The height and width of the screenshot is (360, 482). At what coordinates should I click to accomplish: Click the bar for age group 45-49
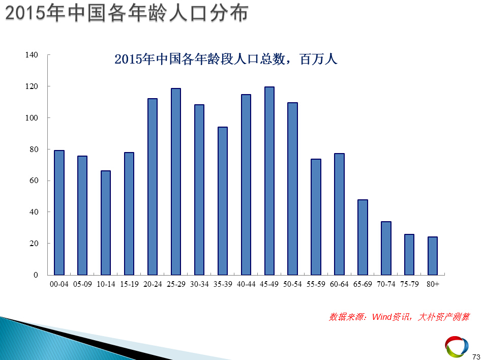coord(269,181)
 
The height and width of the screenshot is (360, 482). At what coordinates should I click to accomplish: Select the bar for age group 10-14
coord(106,223)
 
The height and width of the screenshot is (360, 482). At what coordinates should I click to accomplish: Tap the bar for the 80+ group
coord(433,256)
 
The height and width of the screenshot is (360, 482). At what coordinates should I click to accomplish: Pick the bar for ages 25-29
coord(176,182)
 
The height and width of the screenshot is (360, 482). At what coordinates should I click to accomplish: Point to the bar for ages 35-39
coord(223,201)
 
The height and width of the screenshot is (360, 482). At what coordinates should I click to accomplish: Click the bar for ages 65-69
coord(363,237)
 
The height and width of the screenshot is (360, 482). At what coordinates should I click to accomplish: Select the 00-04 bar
coord(59,213)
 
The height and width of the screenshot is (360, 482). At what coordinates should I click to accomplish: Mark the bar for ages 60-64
coord(339,214)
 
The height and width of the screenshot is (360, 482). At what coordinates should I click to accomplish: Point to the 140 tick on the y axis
coord(32,55)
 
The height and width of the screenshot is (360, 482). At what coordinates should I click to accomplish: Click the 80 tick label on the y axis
coord(34,149)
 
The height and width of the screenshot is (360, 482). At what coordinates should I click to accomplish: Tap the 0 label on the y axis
coord(36,275)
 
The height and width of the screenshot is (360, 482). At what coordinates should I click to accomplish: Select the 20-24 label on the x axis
coord(153,284)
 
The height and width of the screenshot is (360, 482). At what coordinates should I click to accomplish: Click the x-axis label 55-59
coord(316,284)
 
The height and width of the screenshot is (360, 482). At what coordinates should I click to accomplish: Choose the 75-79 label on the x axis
coord(409,284)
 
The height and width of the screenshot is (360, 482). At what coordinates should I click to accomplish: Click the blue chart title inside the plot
coord(226,59)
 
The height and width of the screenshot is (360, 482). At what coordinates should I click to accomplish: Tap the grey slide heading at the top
coord(127,14)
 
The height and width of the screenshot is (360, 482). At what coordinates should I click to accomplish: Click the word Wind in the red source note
coord(381,317)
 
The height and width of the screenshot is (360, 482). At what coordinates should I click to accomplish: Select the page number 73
coord(476,356)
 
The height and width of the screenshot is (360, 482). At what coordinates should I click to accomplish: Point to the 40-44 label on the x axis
coord(246,284)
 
